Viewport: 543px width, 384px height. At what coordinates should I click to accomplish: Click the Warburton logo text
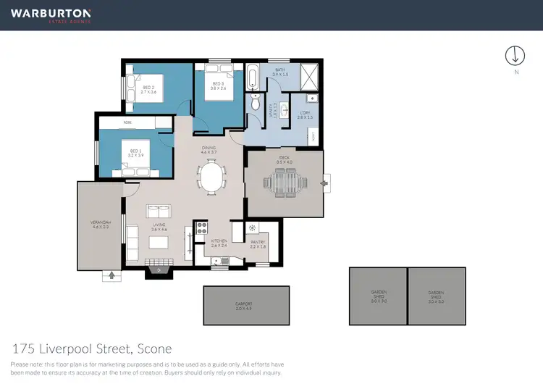coord(51,13)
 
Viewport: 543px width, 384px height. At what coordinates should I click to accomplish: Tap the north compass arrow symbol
coord(515,55)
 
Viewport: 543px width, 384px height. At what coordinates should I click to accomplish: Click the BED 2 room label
coord(148,89)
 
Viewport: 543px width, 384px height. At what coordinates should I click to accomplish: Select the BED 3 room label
coord(218,86)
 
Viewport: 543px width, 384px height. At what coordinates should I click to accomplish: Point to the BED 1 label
coord(135,153)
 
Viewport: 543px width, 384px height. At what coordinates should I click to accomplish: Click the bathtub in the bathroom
coord(253,77)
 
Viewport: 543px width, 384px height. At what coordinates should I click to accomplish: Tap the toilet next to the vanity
coord(254,104)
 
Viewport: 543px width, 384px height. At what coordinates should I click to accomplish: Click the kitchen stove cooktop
coord(200,233)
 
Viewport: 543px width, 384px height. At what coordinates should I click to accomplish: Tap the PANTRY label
coord(258,244)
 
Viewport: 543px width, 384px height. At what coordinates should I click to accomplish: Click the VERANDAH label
coord(100,225)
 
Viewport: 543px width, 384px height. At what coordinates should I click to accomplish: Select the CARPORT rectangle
coord(245,306)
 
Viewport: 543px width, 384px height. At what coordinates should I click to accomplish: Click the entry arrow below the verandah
coord(111,275)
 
